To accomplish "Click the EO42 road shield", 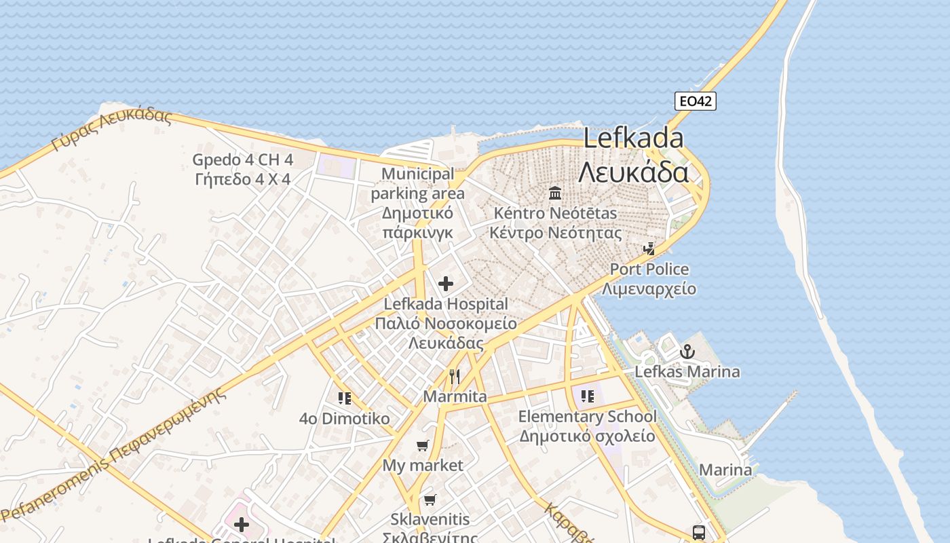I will tap(696, 101).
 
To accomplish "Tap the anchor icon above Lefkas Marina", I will tap(687, 352).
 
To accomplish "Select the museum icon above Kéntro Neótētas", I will tap(555, 193).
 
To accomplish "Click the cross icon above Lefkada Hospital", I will tap(446, 284).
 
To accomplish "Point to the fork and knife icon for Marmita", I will tap(455, 377).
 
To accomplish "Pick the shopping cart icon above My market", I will tap(423, 446).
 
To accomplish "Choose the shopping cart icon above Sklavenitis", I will tap(430, 500).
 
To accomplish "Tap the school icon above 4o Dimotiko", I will tap(345, 398).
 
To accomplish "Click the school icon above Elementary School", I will tap(588, 396).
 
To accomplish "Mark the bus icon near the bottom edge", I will tap(699, 532).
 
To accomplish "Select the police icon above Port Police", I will tap(649, 249).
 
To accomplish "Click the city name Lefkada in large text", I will tap(633, 138).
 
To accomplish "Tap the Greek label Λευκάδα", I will tap(633, 172).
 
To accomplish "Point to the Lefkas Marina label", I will tap(687, 372).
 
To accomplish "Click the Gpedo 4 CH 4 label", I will tap(242, 160).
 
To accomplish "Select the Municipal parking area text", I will tap(417, 184).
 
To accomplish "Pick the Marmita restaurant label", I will tap(455, 396).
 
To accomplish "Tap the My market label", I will tap(423, 466).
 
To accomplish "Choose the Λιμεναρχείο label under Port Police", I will tap(649, 288).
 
